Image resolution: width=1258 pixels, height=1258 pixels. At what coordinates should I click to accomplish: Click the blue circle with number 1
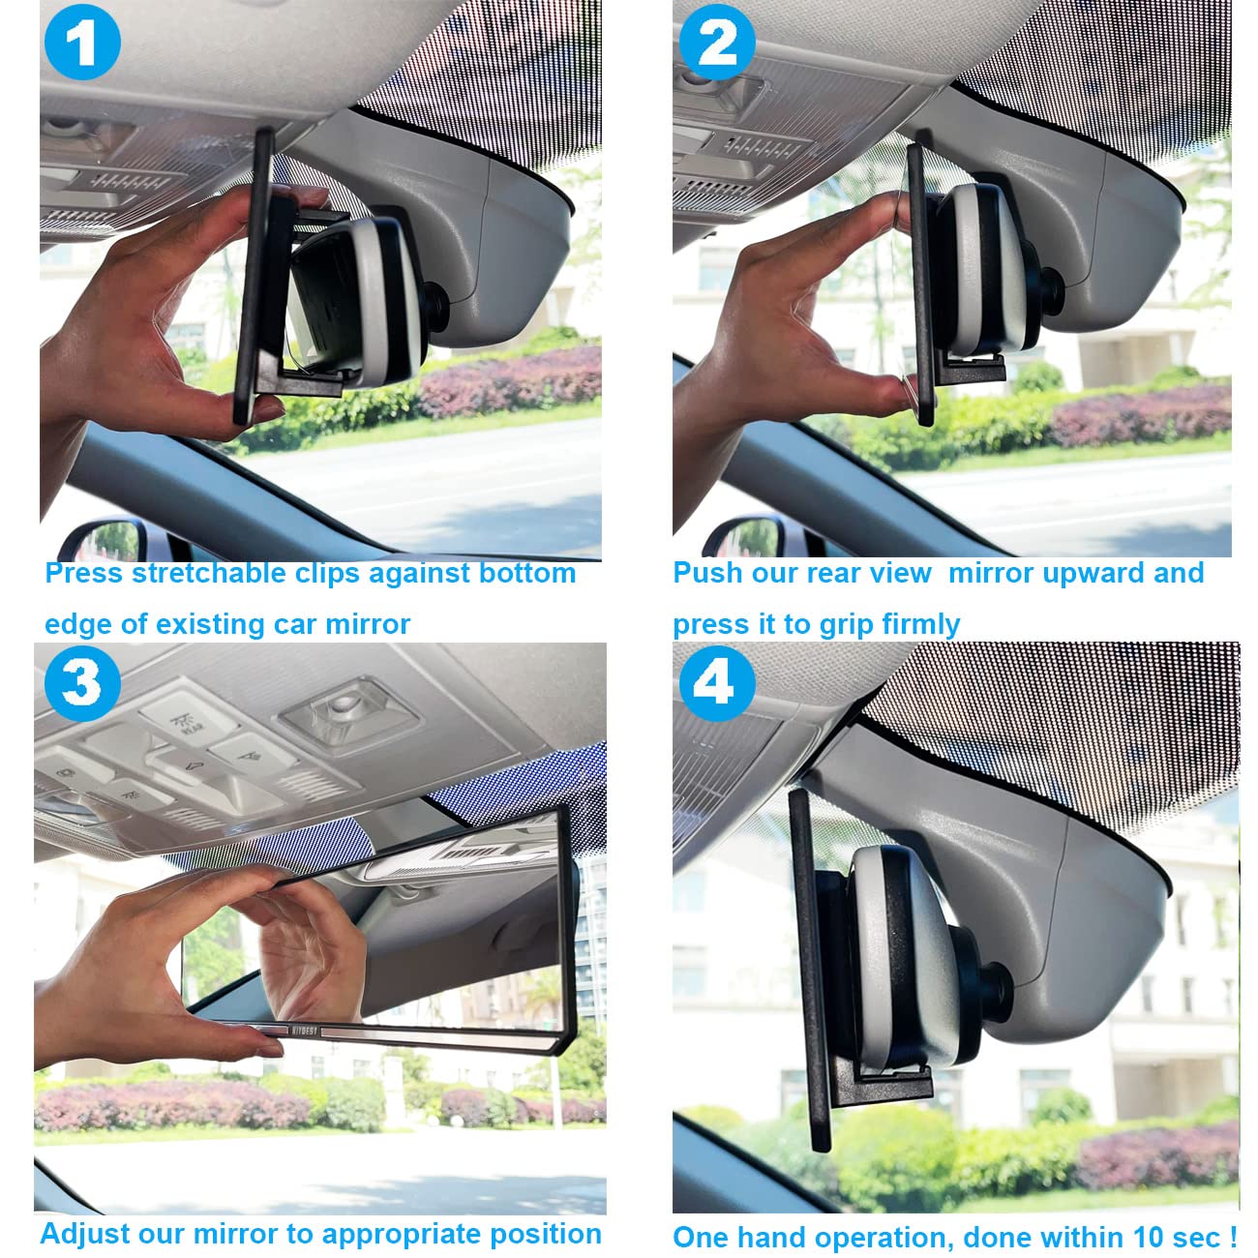(x=82, y=42)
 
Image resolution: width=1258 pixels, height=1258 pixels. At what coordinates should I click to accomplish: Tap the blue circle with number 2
(x=717, y=42)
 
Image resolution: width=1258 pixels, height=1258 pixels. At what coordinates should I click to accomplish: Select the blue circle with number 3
(x=82, y=683)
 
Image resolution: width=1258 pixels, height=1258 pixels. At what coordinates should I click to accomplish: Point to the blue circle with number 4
(x=717, y=683)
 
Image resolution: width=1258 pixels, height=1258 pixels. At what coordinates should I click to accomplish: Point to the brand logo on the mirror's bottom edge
(x=304, y=1031)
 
